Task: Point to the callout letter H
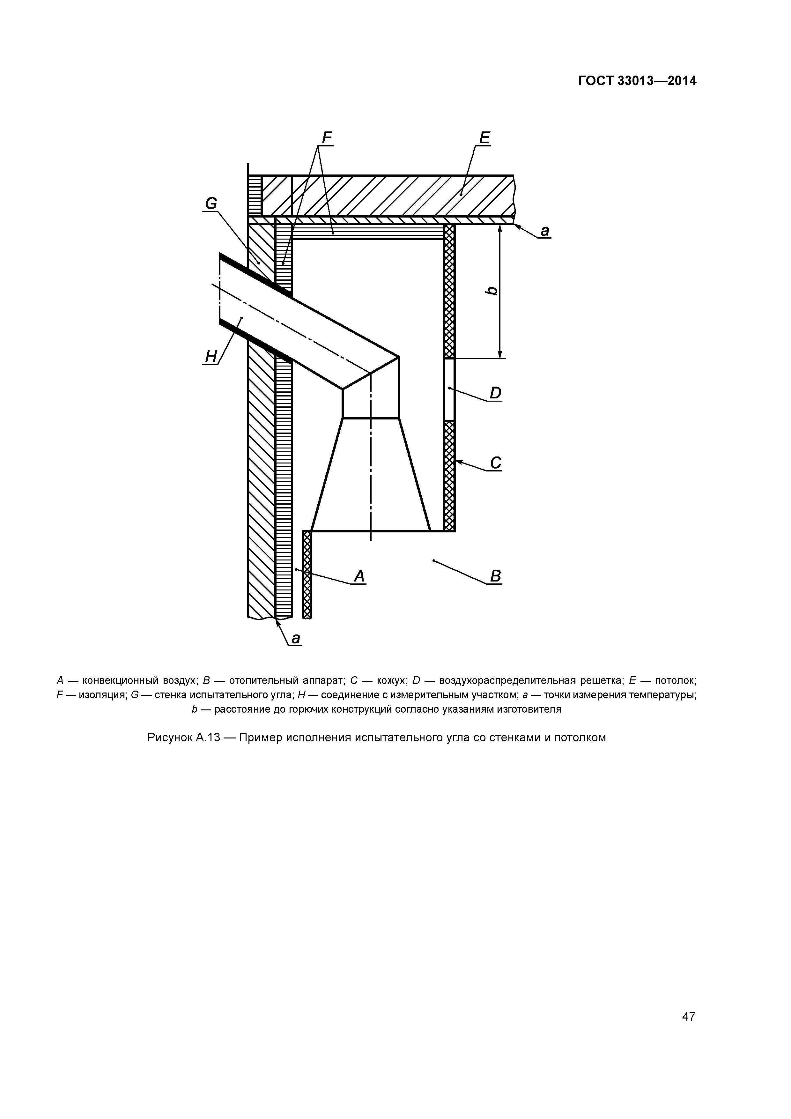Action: [211, 357]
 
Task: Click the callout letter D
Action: [495, 393]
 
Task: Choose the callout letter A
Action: [359, 576]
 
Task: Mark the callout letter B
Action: [495, 576]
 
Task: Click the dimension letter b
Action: [492, 291]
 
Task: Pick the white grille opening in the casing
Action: [449, 389]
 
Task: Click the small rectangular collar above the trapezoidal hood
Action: [371, 404]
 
